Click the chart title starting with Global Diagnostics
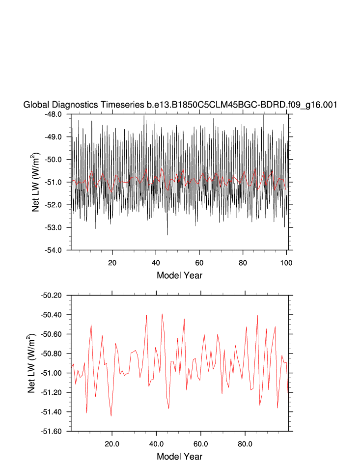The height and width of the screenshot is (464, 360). (x=180, y=105)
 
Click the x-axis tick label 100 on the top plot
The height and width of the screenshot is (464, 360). (x=286, y=262)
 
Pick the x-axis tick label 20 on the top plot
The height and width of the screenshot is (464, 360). (x=112, y=262)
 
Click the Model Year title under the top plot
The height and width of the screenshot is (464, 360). (x=179, y=275)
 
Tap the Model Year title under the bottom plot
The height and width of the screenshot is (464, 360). (x=179, y=457)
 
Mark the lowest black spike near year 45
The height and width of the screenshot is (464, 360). (x=167, y=235)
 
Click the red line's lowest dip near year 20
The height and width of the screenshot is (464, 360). (x=111, y=416)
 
